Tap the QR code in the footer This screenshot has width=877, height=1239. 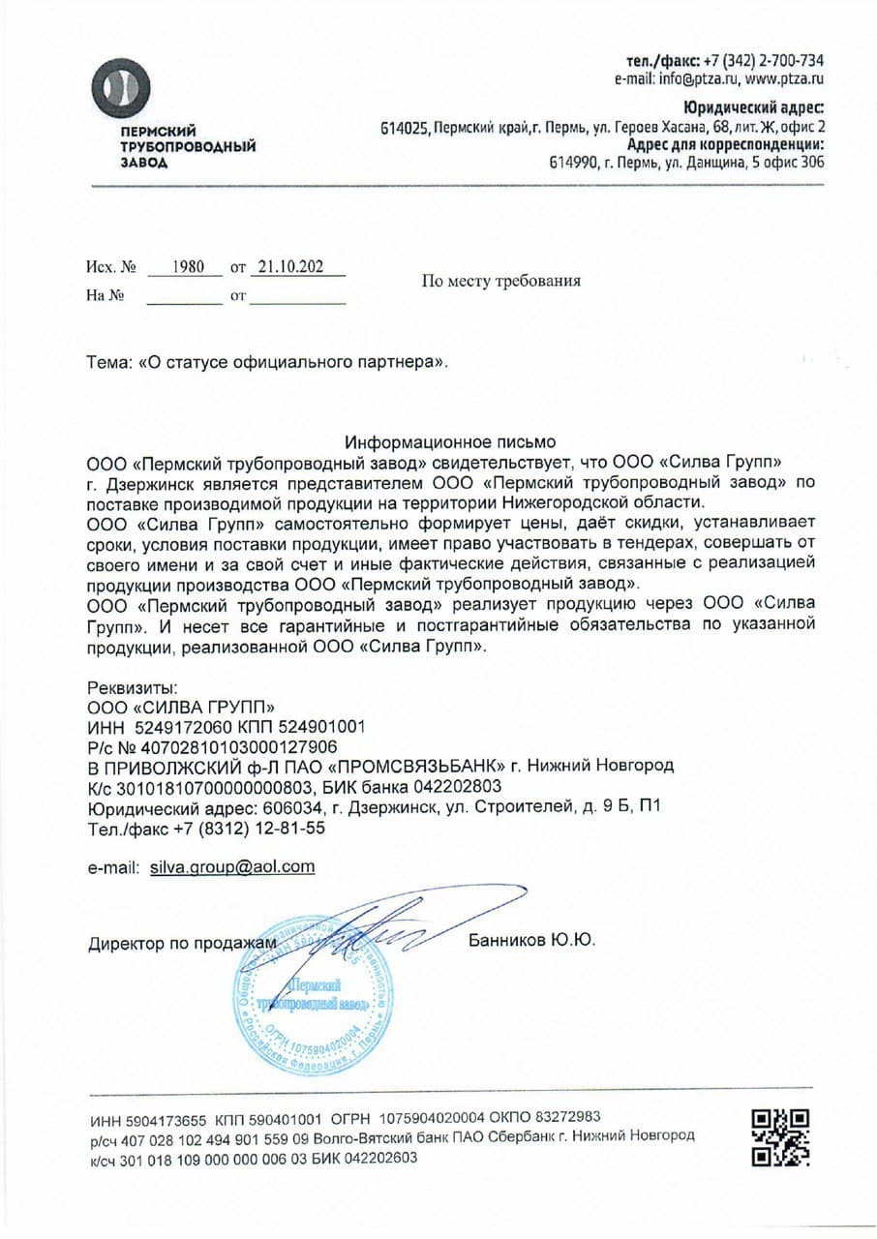pos(780,1137)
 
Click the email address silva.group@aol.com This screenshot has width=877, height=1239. pos(232,866)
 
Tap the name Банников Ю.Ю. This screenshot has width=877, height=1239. pos(531,940)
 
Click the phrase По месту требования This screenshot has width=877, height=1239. pos(500,282)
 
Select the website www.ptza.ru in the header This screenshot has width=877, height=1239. pos(784,79)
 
